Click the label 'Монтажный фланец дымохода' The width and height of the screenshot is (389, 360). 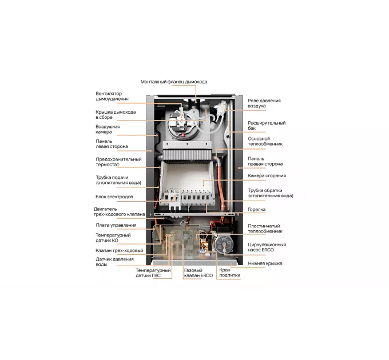click(174, 82)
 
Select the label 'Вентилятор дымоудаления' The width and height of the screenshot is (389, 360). click(112, 96)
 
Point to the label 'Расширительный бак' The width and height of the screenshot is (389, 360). click(267, 126)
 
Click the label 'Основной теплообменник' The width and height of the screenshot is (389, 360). click(265, 141)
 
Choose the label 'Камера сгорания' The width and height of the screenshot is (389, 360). click(267, 175)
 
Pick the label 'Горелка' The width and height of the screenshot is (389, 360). click(256, 210)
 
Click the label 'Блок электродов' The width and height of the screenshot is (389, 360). click(114, 197)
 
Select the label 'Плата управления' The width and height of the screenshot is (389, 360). click(116, 225)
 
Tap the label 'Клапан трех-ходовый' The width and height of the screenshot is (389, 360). click(120, 250)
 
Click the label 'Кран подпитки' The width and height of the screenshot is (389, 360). click(230, 273)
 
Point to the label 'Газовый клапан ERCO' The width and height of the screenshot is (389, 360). click(199, 273)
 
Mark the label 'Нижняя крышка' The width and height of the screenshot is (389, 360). click(265, 263)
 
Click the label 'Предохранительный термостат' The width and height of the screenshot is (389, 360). click(118, 162)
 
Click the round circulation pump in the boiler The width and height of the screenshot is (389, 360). click(223, 245)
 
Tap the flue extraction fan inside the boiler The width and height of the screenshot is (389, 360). click(181, 121)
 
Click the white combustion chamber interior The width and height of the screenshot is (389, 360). click(186, 176)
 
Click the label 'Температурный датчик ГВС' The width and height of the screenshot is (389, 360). click(153, 273)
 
